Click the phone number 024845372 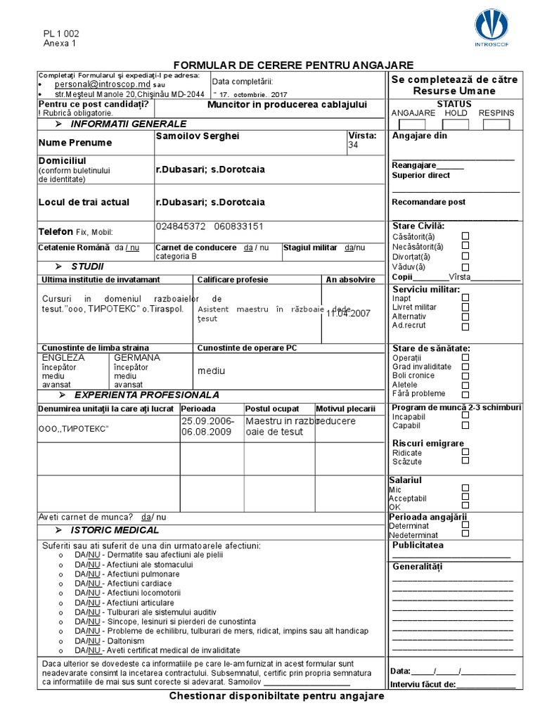181,226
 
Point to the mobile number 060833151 239,226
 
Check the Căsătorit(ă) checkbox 465,236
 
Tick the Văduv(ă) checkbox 465,266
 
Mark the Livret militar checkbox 465,307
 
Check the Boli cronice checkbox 465,375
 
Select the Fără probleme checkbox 465,394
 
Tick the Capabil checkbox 465,425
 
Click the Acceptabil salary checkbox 465,496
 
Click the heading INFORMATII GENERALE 128,124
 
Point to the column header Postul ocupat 272,409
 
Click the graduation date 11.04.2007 348,314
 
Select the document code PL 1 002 61,33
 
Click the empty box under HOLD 456,124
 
